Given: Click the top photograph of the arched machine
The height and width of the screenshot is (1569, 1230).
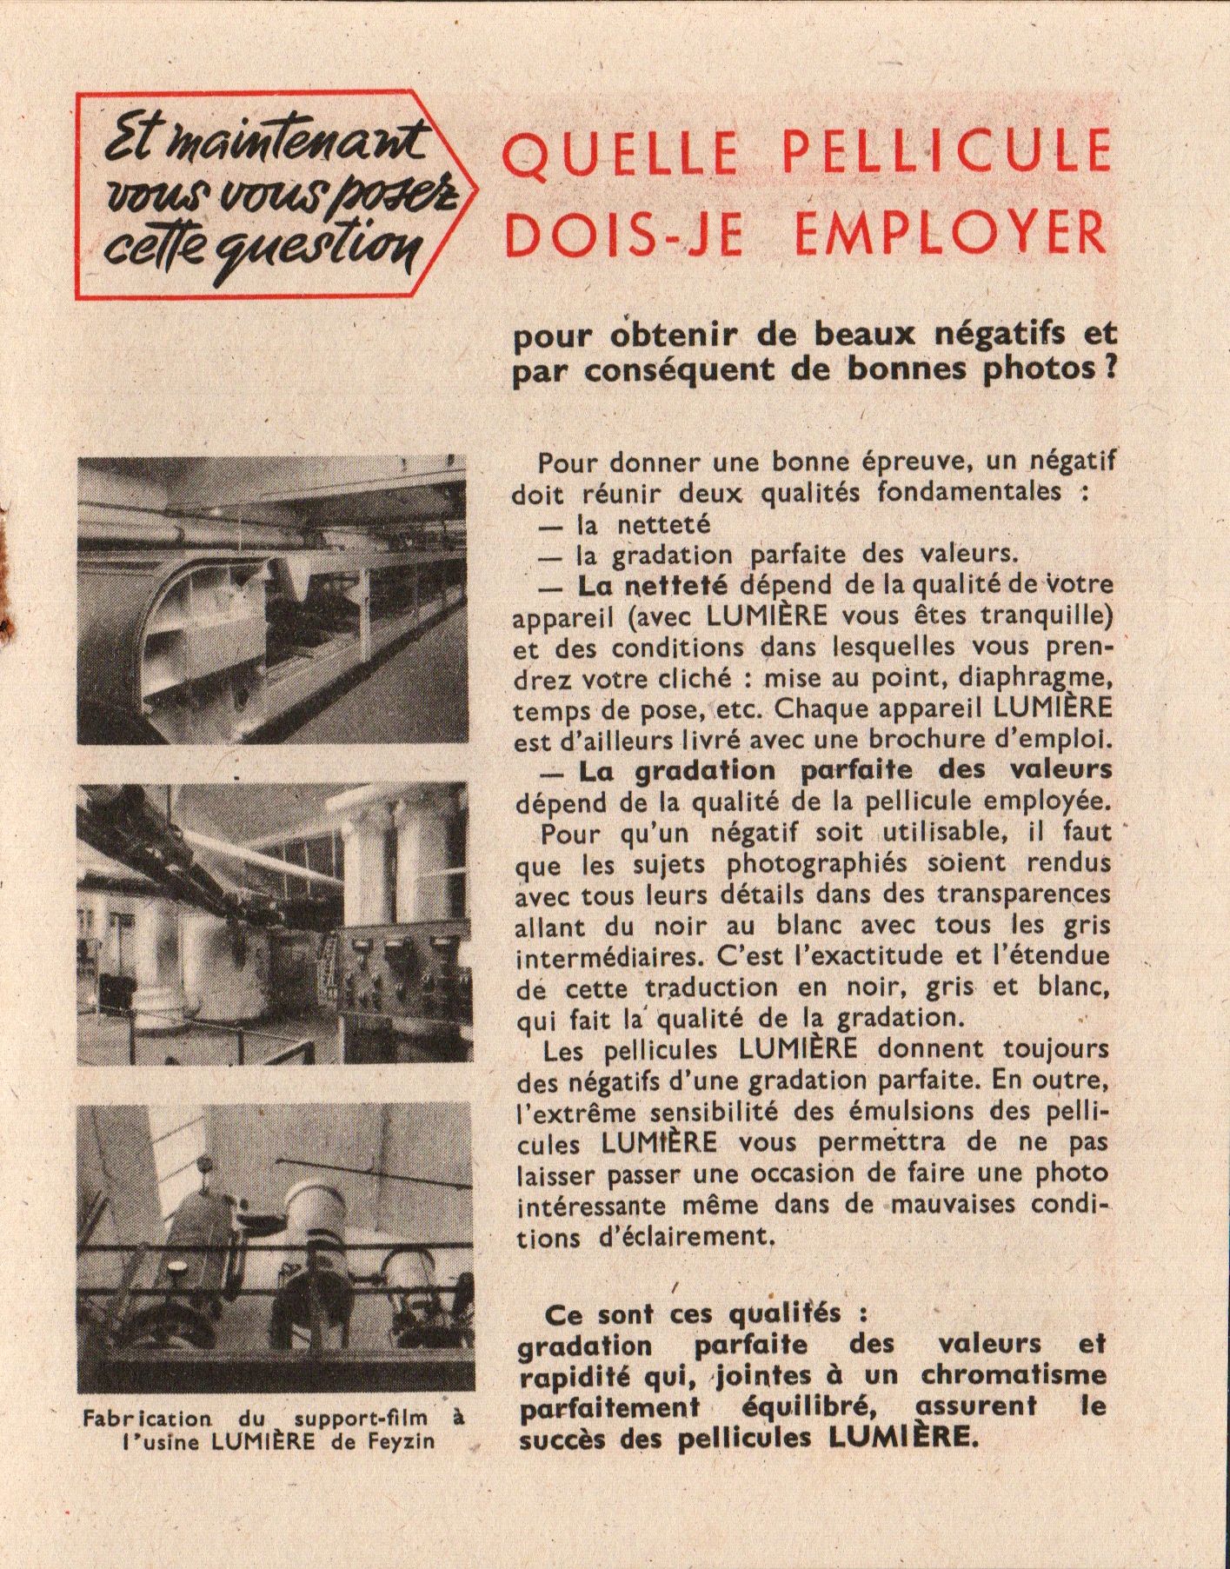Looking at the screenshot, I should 271,600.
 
